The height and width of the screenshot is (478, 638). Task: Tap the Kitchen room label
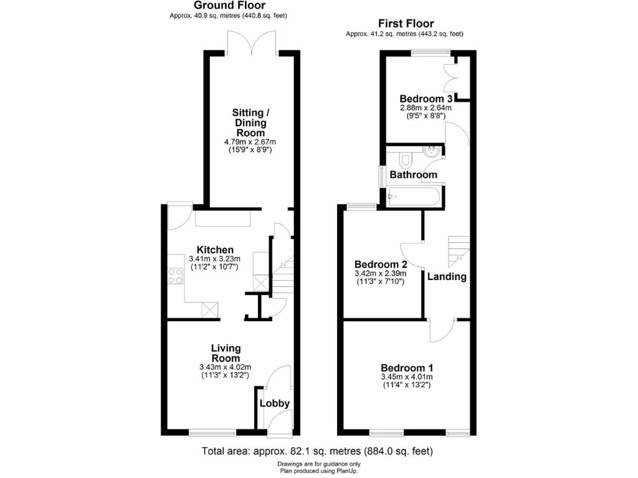tap(215, 250)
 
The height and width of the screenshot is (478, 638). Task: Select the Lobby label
tap(275, 403)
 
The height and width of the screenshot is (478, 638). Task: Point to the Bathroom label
tap(413, 175)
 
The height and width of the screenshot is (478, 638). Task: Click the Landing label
tap(447, 277)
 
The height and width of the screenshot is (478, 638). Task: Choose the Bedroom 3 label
tap(426, 99)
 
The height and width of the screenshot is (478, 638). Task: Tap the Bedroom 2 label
tap(380, 264)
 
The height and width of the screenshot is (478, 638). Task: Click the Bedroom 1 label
tap(407, 367)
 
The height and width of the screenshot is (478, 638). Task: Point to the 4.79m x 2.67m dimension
tap(249, 142)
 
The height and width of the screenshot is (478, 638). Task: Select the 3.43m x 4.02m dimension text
tap(226, 367)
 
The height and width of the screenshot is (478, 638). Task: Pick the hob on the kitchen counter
tap(174, 274)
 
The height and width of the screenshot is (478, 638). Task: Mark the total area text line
tap(317, 451)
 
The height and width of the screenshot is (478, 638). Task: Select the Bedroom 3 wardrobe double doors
tap(450, 78)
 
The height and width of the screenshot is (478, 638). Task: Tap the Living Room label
tap(226, 353)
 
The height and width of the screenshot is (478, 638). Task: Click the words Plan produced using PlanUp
tap(318, 471)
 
